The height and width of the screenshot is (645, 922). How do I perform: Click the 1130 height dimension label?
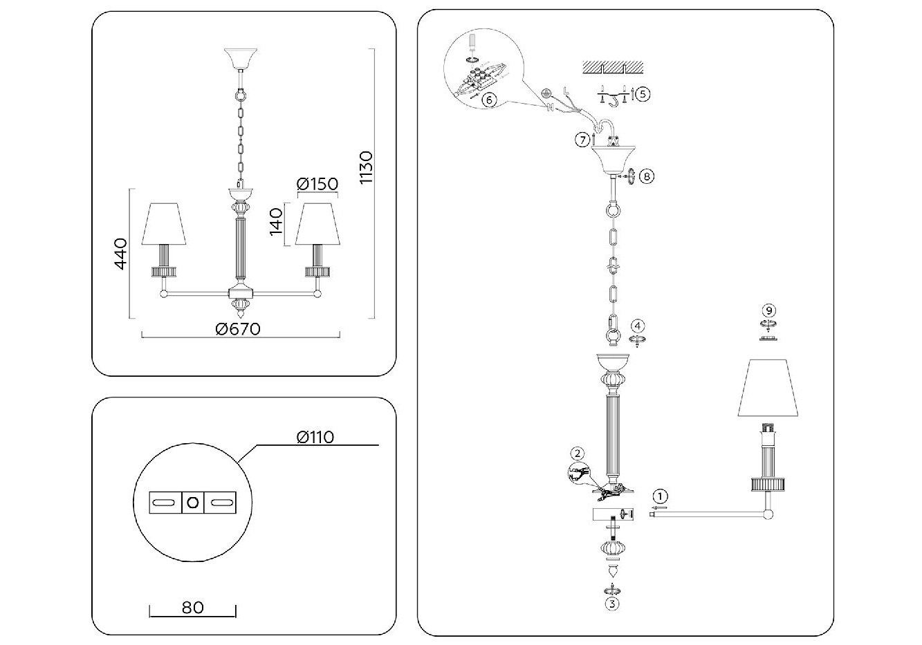pyautogui.click(x=366, y=167)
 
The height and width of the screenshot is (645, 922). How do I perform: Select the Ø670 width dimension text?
pyautogui.click(x=237, y=329)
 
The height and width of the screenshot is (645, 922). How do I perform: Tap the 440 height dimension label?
pyautogui.click(x=120, y=254)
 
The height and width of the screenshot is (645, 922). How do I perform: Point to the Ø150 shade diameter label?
pyautogui.click(x=317, y=184)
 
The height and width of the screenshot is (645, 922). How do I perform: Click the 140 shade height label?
pyautogui.click(x=277, y=221)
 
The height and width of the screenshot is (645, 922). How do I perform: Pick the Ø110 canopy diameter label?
pyautogui.click(x=315, y=437)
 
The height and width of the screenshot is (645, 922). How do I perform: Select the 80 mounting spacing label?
pyautogui.click(x=193, y=608)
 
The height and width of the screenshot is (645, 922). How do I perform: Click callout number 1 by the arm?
pyautogui.click(x=661, y=496)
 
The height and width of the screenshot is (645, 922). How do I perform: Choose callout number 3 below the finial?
pyautogui.click(x=612, y=603)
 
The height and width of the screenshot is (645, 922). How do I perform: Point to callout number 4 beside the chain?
pyautogui.click(x=638, y=325)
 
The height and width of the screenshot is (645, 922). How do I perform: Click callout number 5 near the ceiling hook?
pyautogui.click(x=643, y=94)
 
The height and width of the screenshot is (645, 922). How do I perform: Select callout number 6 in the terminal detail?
pyautogui.click(x=488, y=100)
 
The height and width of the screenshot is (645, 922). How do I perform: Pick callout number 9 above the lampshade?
pyautogui.click(x=769, y=309)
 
